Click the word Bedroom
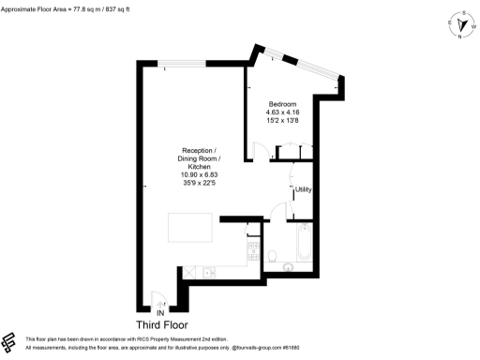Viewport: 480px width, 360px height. point(283,103)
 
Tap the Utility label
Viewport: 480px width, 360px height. point(304,190)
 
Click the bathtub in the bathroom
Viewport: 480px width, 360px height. point(306,244)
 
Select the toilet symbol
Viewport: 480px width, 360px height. point(272,256)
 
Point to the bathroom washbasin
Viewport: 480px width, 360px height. point(289,265)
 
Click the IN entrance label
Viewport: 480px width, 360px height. point(160,312)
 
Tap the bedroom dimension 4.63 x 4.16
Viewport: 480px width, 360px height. point(283,112)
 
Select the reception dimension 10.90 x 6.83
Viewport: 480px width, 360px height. point(199,173)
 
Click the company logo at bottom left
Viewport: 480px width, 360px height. point(10,342)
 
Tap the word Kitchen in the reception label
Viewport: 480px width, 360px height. point(199,166)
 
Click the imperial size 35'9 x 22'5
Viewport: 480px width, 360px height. point(199,182)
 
